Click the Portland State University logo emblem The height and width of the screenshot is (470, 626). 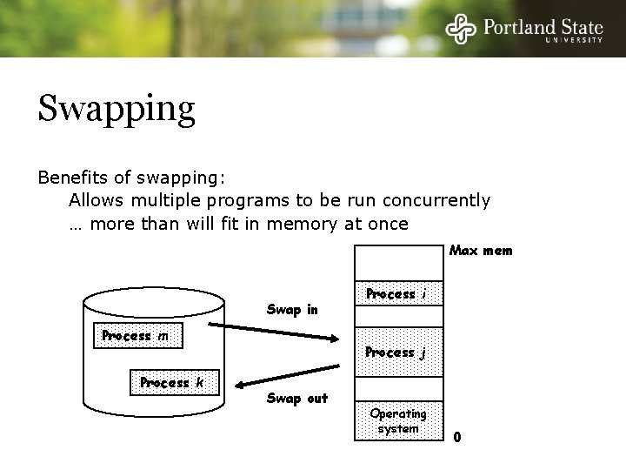[x=462, y=29]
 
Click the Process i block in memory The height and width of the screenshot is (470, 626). [x=397, y=293]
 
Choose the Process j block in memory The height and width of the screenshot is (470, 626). [x=397, y=352]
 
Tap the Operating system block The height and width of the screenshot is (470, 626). [x=397, y=421]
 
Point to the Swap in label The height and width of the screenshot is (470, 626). [x=292, y=310]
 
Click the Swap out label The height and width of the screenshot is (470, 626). [x=297, y=399]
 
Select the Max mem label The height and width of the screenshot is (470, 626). [x=481, y=251]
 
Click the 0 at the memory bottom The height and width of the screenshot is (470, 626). [x=457, y=437]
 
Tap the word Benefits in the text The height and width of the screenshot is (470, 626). [x=71, y=178]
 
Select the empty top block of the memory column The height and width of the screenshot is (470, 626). [x=397, y=262]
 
